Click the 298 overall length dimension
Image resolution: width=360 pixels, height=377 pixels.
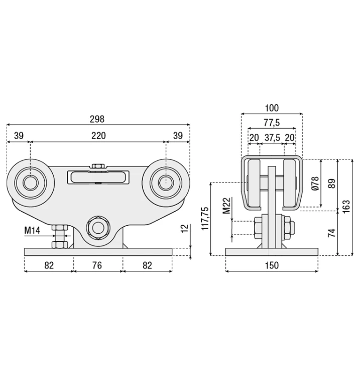pyautogui.click(x=97, y=119)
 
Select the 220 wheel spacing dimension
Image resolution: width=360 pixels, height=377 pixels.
pyautogui.click(x=98, y=136)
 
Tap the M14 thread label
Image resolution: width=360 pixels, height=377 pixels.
pyautogui.click(x=32, y=231)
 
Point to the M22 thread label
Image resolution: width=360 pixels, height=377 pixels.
pyautogui.click(x=226, y=206)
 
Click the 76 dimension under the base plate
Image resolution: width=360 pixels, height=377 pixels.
pyautogui.click(x=97, y=265)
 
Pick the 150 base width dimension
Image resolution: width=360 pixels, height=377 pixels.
pyautogui.click(x=272, y=265)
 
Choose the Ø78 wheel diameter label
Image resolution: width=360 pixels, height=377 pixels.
pyautogui.click(x=315, y=183)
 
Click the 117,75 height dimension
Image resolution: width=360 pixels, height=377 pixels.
pyautogui.click(x=205, y=219)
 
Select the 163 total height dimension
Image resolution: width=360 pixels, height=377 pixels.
pyautogui.click(x=346, y=206)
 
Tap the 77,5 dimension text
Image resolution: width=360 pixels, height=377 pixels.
pyautogui.click(x=272, y=123)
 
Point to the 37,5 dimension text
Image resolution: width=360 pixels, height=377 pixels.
pyautogui.click(x=272, y=138)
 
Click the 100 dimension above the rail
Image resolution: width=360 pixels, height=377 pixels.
pyautogui.click(x=272, y=108)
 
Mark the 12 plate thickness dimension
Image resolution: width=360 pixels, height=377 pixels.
pyautogui.click(x=184, y=228)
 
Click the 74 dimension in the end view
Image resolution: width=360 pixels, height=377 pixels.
pyautogui.click(x=332, y=233)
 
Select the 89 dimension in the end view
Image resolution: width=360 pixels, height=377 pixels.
pyautogui.click(x=332, y=183)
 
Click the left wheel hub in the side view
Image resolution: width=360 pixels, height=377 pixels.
pyautogui.click(x=31, y=182)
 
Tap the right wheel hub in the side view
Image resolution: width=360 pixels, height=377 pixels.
pyautogui.click(x=166, y=182)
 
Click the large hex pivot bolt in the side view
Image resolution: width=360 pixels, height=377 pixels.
pyautogui.click(x=98, y=228)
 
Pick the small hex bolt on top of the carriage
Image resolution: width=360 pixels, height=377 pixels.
pyautogui.click(x=98, y=166)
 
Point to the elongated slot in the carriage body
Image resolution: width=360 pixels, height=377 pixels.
pyautogui.click(x=98, y=177)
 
